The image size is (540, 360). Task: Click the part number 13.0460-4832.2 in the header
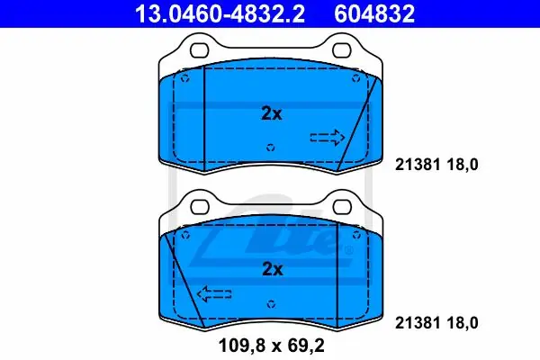(220, 13)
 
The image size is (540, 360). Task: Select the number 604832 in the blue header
(374, 13)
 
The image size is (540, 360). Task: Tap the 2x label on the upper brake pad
(272, 113)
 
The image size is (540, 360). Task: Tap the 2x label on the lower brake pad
(273, 269)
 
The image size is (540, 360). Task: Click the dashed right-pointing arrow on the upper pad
(328, 138)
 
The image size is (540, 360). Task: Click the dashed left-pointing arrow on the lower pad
(214, 294)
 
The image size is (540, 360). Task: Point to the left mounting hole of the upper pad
(200, 50)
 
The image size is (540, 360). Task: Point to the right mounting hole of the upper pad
(342, 50)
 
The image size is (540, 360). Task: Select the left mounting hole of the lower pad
(200, 207)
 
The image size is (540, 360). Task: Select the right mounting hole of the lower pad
(342, 207)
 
